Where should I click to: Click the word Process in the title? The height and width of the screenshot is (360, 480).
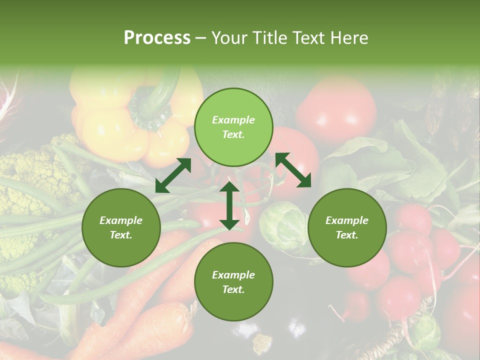click(x=157, y=38)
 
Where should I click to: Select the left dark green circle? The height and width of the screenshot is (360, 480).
click(x=121, y=228)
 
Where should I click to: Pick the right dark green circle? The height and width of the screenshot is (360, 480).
click(x=347, y=228)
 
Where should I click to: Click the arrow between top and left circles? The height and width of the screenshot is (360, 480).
click(x=173, y=175)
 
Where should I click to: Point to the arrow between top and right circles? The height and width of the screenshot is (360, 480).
click(x=293, y=170)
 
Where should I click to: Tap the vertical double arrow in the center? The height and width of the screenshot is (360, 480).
click(x=229, y=205)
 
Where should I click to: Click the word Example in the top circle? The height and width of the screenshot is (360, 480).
click(x=233, y=120)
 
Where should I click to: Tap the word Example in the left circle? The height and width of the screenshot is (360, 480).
click(x=121, y=220)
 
